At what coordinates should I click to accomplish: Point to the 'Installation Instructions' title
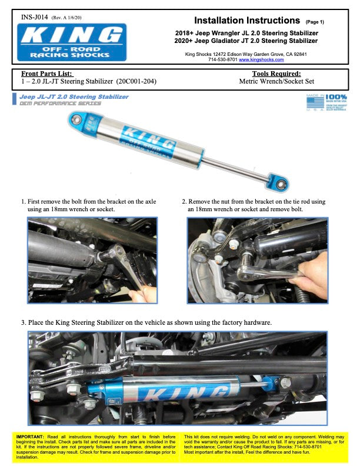tap(247, 21)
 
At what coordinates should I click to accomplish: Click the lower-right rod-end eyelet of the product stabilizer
tap(281, 185)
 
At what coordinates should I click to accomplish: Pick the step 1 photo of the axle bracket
tap(92, 260)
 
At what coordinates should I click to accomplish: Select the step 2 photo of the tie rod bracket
tap(257, 260)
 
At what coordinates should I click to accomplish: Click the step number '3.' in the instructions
tap(23, 322)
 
